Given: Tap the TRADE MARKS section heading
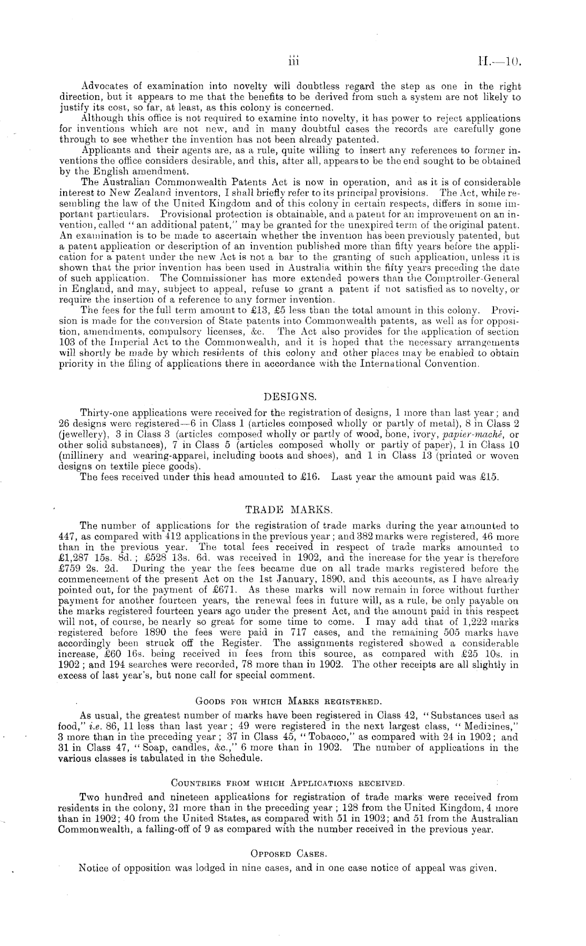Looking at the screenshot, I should pos(289,510).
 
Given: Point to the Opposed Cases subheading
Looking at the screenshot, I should pos(288,854).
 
